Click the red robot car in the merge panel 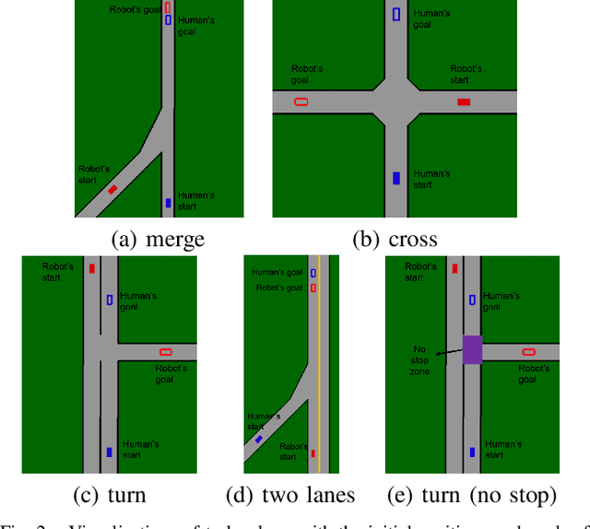pos(112,189)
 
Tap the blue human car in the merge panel pos(168,203)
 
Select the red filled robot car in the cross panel pos(464,102)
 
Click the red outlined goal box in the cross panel pos(301,101)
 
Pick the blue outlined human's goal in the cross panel pos(396,14)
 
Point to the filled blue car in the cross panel pos(395,178)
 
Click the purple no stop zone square pos(472,349)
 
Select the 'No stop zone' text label pos(419,359)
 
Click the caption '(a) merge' pos(157,240)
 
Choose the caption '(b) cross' pos(395,240)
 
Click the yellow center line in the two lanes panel pos(319,369)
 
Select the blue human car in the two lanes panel pos(258,441)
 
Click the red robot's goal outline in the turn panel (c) pos(166,351)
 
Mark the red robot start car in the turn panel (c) pos(91,269)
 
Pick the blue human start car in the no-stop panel pos(473,452)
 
